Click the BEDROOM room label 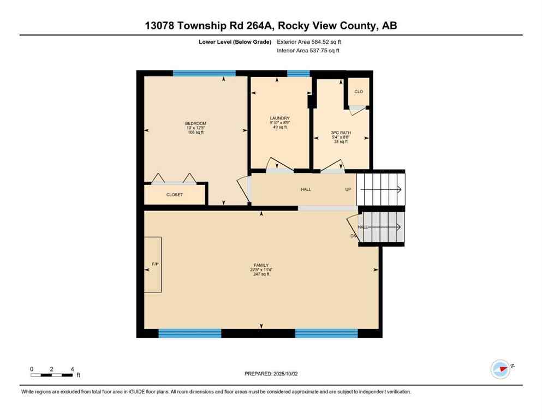tap(195, 123)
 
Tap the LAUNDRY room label tap(279, 118)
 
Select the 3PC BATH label tap(341, 133)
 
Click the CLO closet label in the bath tap(359, 92)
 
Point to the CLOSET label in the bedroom tap(175, 195)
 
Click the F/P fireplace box tap(153, 265)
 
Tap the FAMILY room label tap(261, 265)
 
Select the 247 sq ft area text tap(261, 274)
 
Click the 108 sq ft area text tap(195, 133)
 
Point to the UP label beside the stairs tap(348, 189)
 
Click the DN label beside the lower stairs tap(353, 236)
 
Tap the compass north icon tap(500, 369)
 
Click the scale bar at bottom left tap(52, 375)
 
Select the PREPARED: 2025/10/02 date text tap(271, 374)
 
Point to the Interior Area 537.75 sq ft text tap(308, 51)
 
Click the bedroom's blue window tap(204, 73)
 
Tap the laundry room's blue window tap(298, 73)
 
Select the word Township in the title tap(210, 25)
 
